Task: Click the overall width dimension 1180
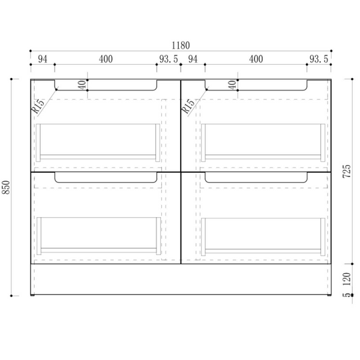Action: coord(181,46)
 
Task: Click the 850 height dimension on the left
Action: coord(6,187)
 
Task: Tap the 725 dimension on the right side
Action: coord(347,171)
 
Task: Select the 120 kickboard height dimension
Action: coord(347,279)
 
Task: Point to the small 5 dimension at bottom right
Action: coord(347,295)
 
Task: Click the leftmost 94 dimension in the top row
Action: coord(43,59)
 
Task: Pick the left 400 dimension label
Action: coord(106,59)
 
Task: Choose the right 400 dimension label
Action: coord(256,59)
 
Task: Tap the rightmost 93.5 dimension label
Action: coord(319,59)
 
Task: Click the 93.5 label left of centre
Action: coord(169,59)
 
